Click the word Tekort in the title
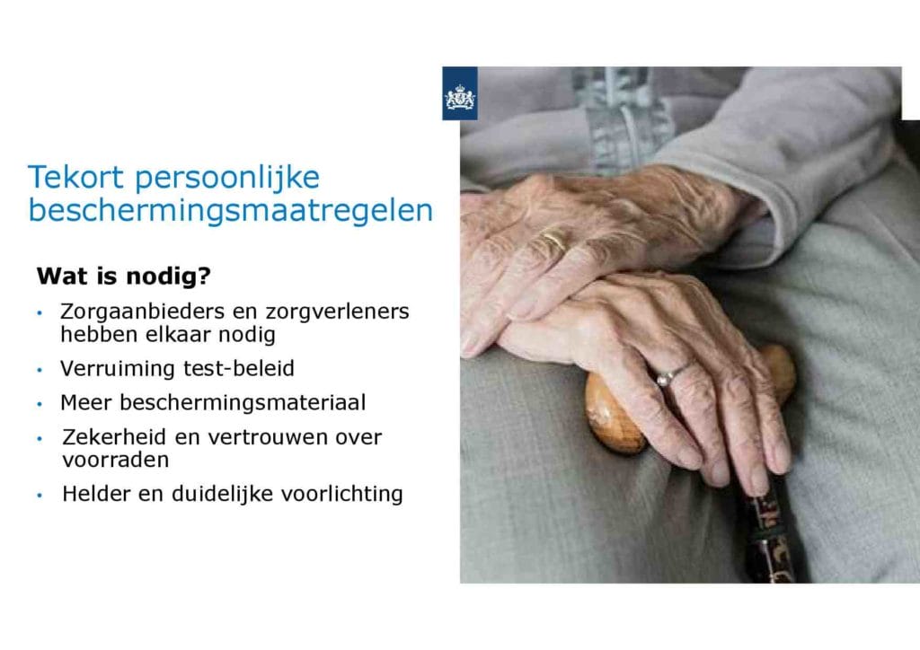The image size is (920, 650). click(x=75, y=178)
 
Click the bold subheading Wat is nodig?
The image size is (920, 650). click(x=123, y=276)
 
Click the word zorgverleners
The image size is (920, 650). click(x=338, y=312)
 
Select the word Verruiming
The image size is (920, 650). click(x=118, y=369)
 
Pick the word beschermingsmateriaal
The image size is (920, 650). click(x=243, y=403)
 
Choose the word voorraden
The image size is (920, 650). click(x=116, y=460)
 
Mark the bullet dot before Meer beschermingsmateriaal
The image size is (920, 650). click(x=40, y=404)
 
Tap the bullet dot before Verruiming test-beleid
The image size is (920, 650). click(x=40, y=371)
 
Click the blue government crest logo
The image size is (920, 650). click(x=460, y=93)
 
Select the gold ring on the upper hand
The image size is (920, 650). click(x=555, y=239)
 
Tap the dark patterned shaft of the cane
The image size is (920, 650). click(x=766, y=533)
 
